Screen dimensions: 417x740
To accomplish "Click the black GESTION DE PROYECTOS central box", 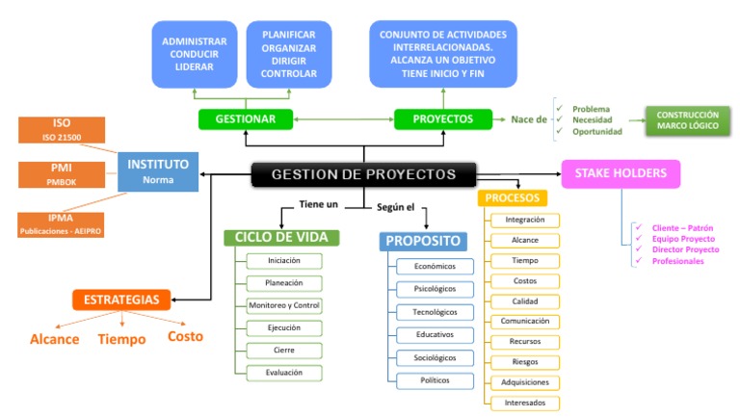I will tap(363, 174).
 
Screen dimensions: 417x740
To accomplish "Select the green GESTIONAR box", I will tap(246, 119).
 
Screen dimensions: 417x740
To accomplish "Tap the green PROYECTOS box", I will tap(443, 119).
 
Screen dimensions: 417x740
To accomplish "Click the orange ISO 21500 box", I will tap(62, 130).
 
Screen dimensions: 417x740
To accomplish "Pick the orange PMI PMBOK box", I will tap(62, 173).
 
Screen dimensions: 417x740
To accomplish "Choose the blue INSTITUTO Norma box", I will tap(158, 170).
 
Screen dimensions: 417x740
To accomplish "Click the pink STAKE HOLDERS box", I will tap(621, 173).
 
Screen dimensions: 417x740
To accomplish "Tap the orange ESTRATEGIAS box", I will tap(121, 299).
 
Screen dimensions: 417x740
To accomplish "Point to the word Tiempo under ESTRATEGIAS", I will tap(121, 339).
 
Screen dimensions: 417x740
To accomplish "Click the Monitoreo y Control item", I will tap(283, 305).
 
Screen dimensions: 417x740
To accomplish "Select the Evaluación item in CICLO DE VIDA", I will tap(283, 372).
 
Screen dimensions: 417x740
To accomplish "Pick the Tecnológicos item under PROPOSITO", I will tap(435, 311).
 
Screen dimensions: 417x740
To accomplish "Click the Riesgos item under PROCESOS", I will tap(525, 361).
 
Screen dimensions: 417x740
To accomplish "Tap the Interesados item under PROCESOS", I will tap(525, 403).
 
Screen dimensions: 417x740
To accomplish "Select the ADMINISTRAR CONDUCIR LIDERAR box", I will tap(195, 54).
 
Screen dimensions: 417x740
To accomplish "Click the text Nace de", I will tap(529, 119).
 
